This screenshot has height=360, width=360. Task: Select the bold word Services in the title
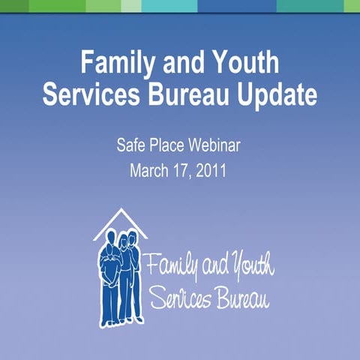coord(90,97)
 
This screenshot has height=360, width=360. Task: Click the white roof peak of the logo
coord(120,212)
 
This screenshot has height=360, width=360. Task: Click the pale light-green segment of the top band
coord(130,6)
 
